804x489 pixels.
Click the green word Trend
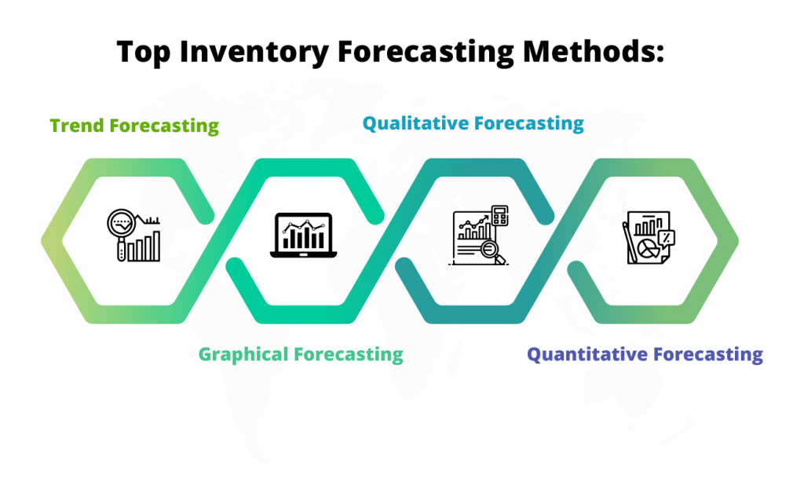pos(78,126)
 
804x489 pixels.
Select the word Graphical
pos(243,354)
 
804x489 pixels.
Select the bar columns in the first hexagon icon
pos(145,246)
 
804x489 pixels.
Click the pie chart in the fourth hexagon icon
pos(649,250)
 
